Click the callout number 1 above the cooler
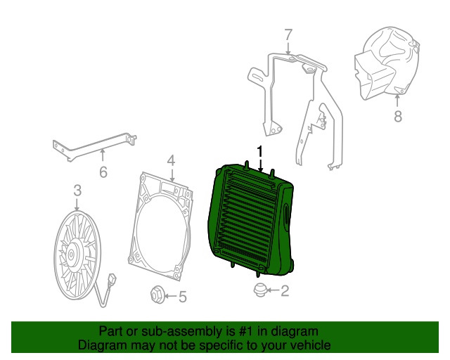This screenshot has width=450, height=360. [260, 151]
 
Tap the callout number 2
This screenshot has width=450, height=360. [284, 290]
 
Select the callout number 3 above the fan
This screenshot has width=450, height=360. [77, 191]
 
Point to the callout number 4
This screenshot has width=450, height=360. [171, 160]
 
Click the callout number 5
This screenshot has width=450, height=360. [183, 297]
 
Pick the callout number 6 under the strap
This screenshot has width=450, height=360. [103, 172]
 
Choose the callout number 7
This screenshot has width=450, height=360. [288, 34]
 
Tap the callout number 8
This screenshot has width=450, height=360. [398, 117]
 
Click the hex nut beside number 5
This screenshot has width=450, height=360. [157, 294]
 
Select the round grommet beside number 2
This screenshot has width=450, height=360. [260, 290]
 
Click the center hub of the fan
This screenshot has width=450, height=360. [71, 255]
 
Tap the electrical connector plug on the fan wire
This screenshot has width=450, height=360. [112, 279]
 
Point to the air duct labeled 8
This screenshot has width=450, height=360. [387, 63]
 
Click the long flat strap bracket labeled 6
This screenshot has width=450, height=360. [95, 146]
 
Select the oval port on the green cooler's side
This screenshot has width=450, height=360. [286, 214]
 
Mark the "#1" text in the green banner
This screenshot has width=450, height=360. [246, 332]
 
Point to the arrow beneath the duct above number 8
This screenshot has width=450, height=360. [397, 101]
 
